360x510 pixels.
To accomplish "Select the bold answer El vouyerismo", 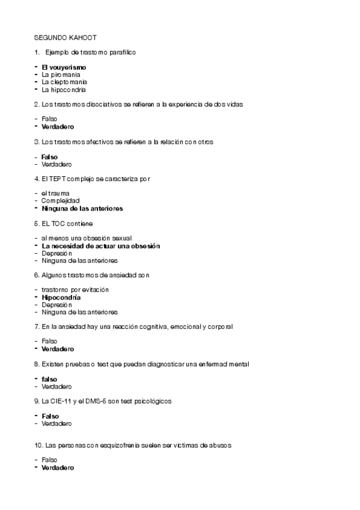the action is pyautogui.click(x=64, y=67).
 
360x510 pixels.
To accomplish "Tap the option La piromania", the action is pyautogui.click(x=60, y=75).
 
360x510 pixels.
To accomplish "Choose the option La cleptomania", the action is pyautogui.click(x=64, y=82).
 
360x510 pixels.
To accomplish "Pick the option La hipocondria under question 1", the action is pyautogui.click(x=64, y=90).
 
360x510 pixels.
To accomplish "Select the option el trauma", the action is pyautogui.click(x=56, y=193).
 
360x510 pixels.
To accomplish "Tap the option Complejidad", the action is pyautogui.click(x=61, y=200).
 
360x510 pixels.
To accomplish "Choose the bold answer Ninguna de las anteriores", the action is pyautogui.click(x=82, y=208).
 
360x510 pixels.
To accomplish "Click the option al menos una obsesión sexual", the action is pyautogui.click(x=87, y=238).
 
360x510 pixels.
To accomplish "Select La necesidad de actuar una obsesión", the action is pyautogui.click(x=101, y=246).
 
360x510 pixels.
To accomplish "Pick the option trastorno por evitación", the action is pyautogui.click(x=75, y=290).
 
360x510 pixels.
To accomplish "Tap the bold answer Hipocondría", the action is pyautogui.click(x=61, y=298).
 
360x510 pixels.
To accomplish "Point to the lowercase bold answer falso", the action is pyautogui.click(x=50, y=379).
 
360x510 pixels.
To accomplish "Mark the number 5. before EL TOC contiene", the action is pyautogui.click(x=37, y=223).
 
